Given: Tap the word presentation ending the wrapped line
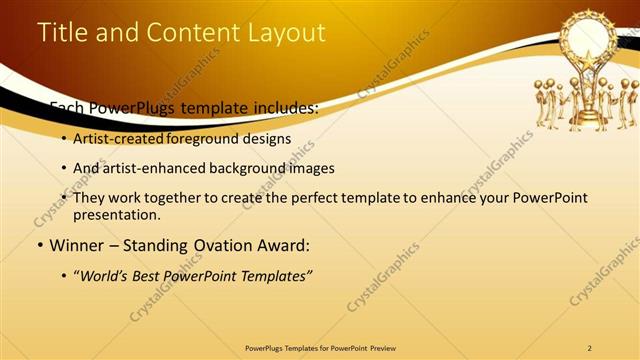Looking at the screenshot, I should [116, 214].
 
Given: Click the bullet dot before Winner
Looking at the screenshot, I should [39, 244].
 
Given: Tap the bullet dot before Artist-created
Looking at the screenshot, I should [64, 139].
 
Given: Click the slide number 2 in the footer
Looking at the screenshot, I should [590, 348].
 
